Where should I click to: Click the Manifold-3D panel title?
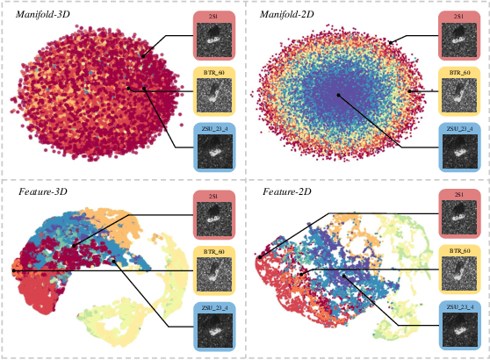click(x=43, y=15)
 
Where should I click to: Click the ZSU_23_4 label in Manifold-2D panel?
click(x=457, y=130)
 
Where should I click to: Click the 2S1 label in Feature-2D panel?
click(x=457, y=195)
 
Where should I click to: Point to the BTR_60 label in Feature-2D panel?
click(x=457, y=251)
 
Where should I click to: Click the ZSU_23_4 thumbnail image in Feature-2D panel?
click(x=457, y=329)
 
